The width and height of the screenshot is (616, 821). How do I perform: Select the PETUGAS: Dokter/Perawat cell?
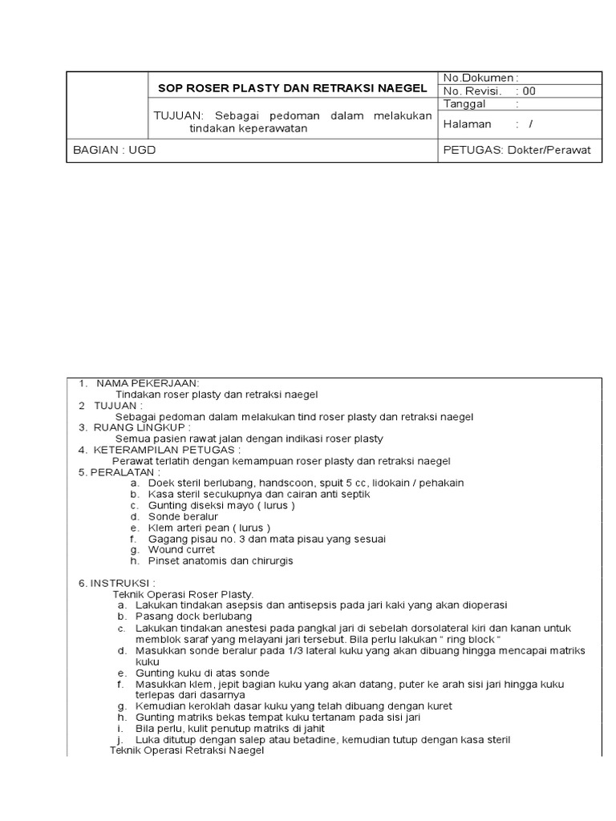[x=521, y=150]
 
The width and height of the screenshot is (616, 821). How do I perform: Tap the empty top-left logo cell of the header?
[x=106, y=104]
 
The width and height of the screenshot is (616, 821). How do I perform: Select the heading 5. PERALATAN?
[x=119, y=472]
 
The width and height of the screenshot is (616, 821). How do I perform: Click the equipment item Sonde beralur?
[x=183, y=517]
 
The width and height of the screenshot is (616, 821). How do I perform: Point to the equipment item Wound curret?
[x=181, y=550]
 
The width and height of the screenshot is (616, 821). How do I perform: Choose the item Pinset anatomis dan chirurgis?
[x=221, y=561]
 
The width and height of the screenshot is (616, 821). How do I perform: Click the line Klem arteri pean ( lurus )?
[x=209, y=528]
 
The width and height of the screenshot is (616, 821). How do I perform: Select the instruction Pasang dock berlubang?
[x=194, y=616]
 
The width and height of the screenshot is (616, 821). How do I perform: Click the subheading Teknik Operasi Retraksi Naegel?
[x=186, y=750]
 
